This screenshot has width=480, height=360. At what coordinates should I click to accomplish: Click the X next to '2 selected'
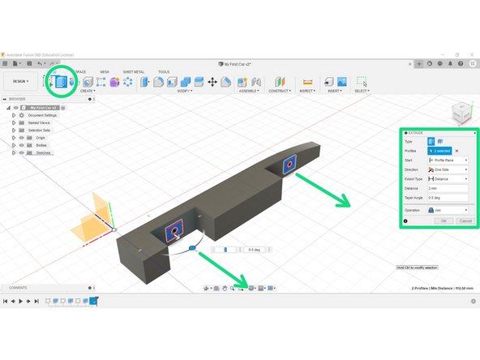pyautogui.click(x=456, y=151)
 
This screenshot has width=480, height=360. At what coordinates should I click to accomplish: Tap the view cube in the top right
pyautogui.click(x=459, y=111)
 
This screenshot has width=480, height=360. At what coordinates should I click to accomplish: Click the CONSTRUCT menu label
pyautogui.click(x=279, y=91)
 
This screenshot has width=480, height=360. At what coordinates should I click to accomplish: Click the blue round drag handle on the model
pyautogui.click(x=191, y=246)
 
